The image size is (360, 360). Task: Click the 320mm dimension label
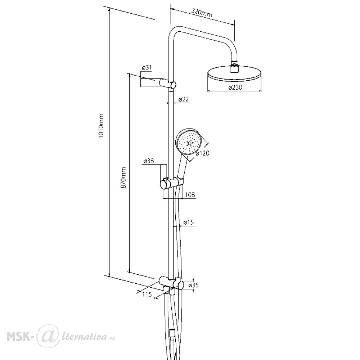click(x=202, y=13)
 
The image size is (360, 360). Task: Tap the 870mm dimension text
click(x=123, y=178)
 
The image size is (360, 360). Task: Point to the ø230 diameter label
click(x=235, y=87)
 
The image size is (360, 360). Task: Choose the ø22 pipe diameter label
click(x=184, y=99)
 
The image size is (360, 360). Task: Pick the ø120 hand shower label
click(x=202, y=153)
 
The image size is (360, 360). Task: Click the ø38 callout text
click(x=148, y=161)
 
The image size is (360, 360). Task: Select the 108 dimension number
click(x=190, y=195)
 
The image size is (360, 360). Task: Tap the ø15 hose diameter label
click(x=189, y=222)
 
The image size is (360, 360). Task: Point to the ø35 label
click(x=193, y=285)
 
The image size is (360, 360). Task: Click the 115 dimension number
click(x=147, y=294)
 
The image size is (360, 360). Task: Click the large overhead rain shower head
click(x=234, y=74)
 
